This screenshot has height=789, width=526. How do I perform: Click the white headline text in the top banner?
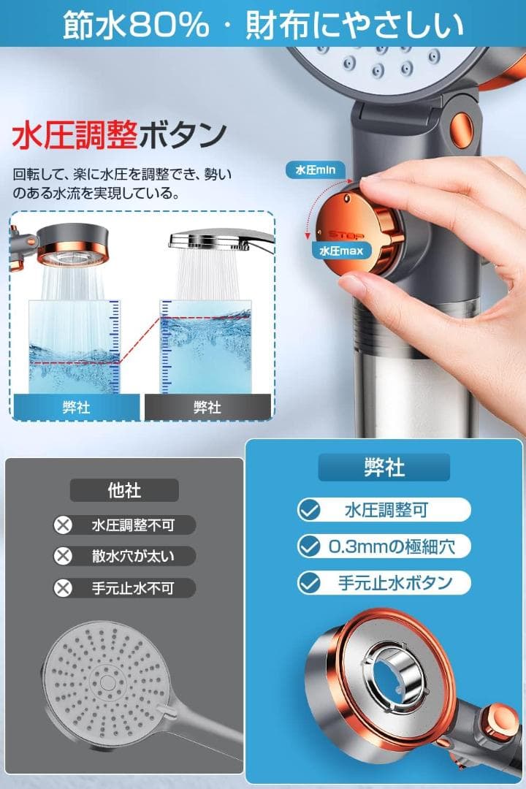click(263, 25)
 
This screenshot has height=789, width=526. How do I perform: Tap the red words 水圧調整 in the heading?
click(75, 135)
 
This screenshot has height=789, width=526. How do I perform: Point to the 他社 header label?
click(124, 490)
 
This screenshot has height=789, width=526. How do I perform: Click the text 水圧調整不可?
click(133, 525)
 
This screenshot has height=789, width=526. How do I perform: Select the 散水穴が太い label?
click(133, 556)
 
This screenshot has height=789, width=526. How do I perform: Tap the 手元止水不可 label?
click(133, 588)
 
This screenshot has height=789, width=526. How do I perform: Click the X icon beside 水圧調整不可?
click(64, 525)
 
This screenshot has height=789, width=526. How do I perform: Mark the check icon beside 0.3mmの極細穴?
click(310, 546)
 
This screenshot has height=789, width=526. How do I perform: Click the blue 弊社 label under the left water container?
click(77, 407)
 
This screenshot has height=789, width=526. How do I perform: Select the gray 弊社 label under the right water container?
click(207, 407)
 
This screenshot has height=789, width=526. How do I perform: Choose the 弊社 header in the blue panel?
click(384, 468)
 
